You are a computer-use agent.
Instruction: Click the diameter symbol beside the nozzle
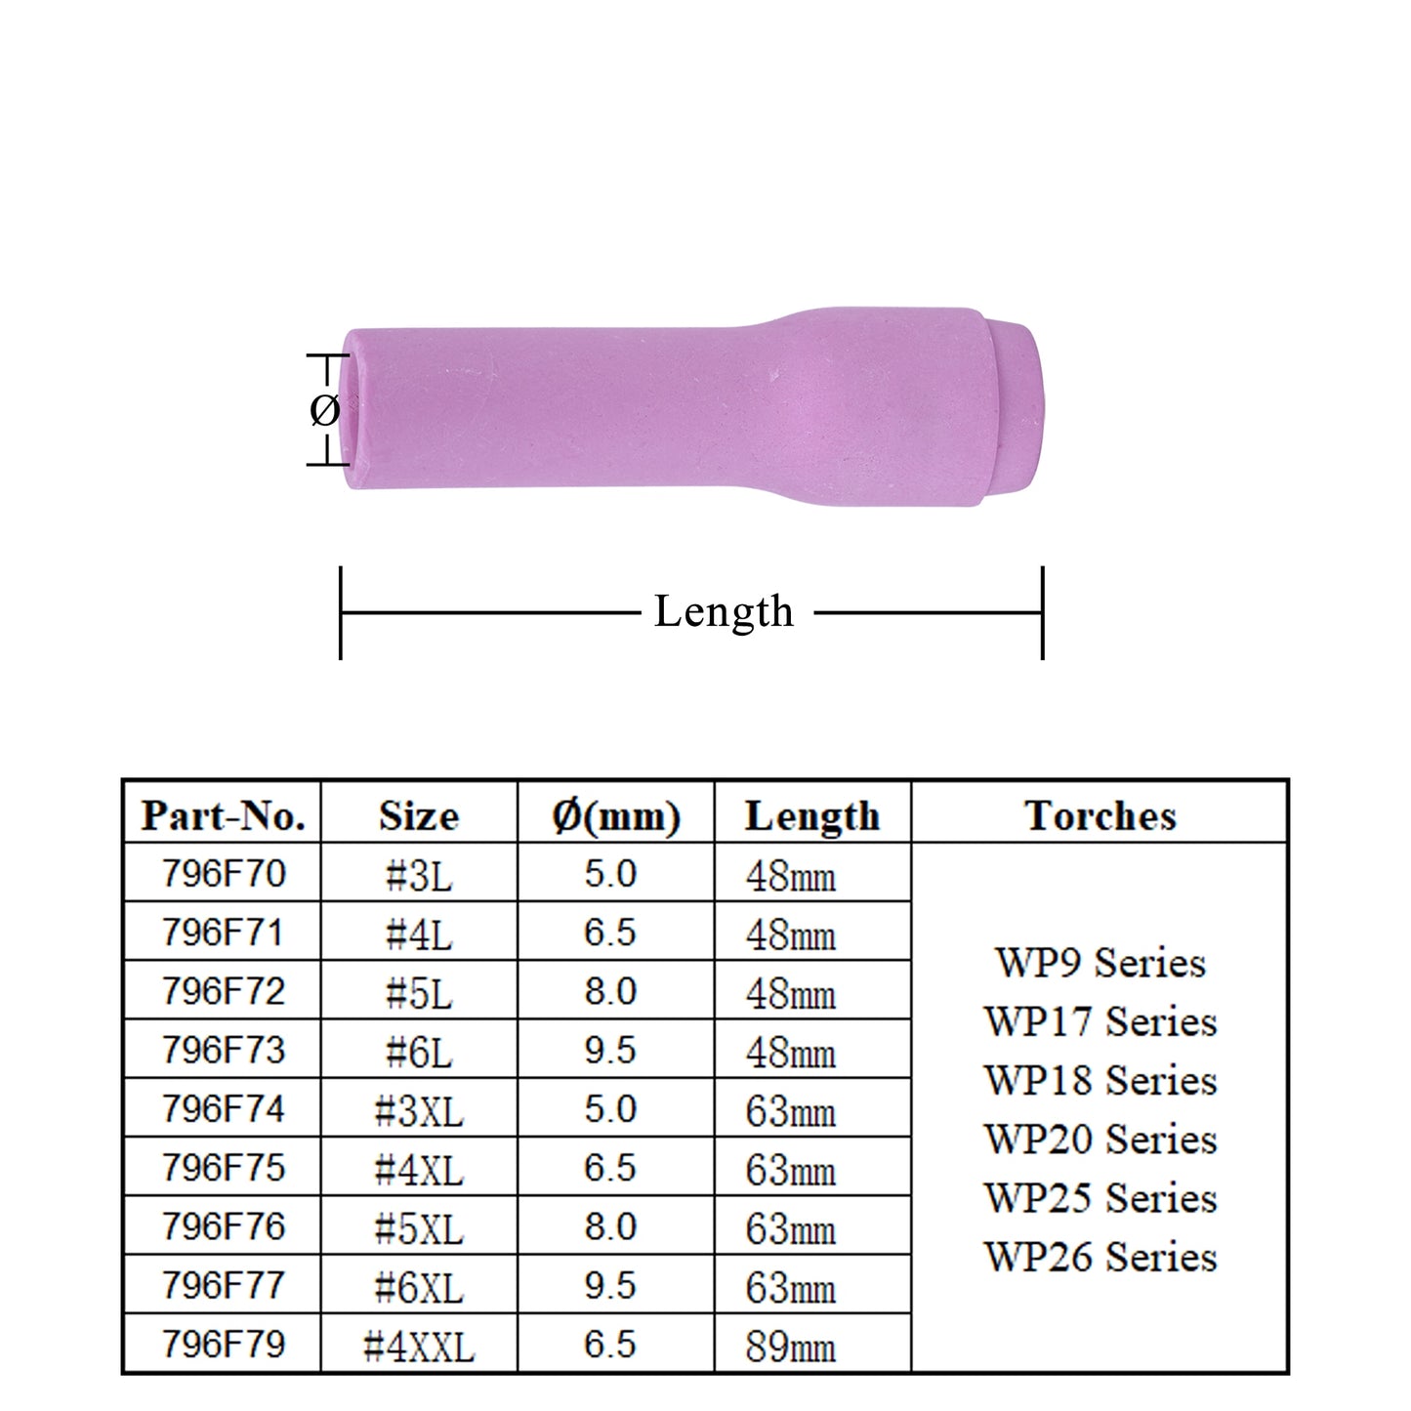pyautogui.click(x=324, y=410)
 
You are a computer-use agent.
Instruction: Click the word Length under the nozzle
pyautogui.click(x=724, y=612)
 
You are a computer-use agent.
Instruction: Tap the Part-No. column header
pyautogui.click(x=223, y=815)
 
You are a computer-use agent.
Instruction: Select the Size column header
pyautogui.click(x=419, y=815)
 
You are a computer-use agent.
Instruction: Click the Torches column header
pyautogui.click(x=1100, y=815)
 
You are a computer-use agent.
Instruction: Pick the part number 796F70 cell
pyautogui.click(x=224, y=873)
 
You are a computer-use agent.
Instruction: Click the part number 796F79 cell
pyautogui.click(x=224, y=1344)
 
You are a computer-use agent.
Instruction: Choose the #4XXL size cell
pyautogui.click(x=419, y=1346)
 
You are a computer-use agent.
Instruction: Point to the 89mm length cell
pyautogui.click(x=791, y=1346)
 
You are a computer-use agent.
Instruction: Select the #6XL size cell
pyautogui.click(x=419, y=1287)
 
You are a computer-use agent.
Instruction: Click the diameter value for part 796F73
pyautogui.click(x=610, y=1050)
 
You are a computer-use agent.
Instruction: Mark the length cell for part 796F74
pyautogui.click(x=791, y=1110)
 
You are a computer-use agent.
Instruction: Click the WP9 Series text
pyautogui.click(x=1100, y=963)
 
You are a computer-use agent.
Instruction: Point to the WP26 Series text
pyautogui.click(x=1100, y=1257)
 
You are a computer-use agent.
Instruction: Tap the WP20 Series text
pyautogui.click(x=1100, y=1140)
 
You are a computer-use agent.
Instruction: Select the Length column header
pyautogui.click(x=811, y=815)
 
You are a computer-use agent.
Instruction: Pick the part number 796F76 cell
pyautogui.click(x=224, y=1226)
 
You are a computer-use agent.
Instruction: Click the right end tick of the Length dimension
pyautogui.click(x=1043, y=612)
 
